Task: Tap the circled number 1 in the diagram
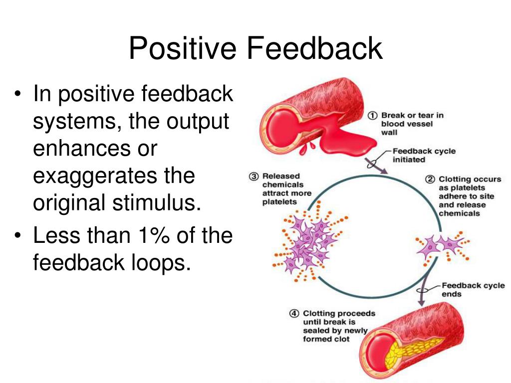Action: (373, 116)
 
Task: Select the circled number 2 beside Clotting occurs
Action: (430, 180)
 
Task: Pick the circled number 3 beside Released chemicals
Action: (254, 177)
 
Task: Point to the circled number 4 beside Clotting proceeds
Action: (294, 314)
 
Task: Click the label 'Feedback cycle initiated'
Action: (424, 156)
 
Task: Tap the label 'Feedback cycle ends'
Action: (473, 290)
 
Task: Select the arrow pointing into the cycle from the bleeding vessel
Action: (376, 166)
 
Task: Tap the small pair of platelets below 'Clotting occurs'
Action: (442, 246)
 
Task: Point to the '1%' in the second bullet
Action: (154, 235)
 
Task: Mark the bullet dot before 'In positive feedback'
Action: (17, 94)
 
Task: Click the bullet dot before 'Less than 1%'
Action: (17, 235)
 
